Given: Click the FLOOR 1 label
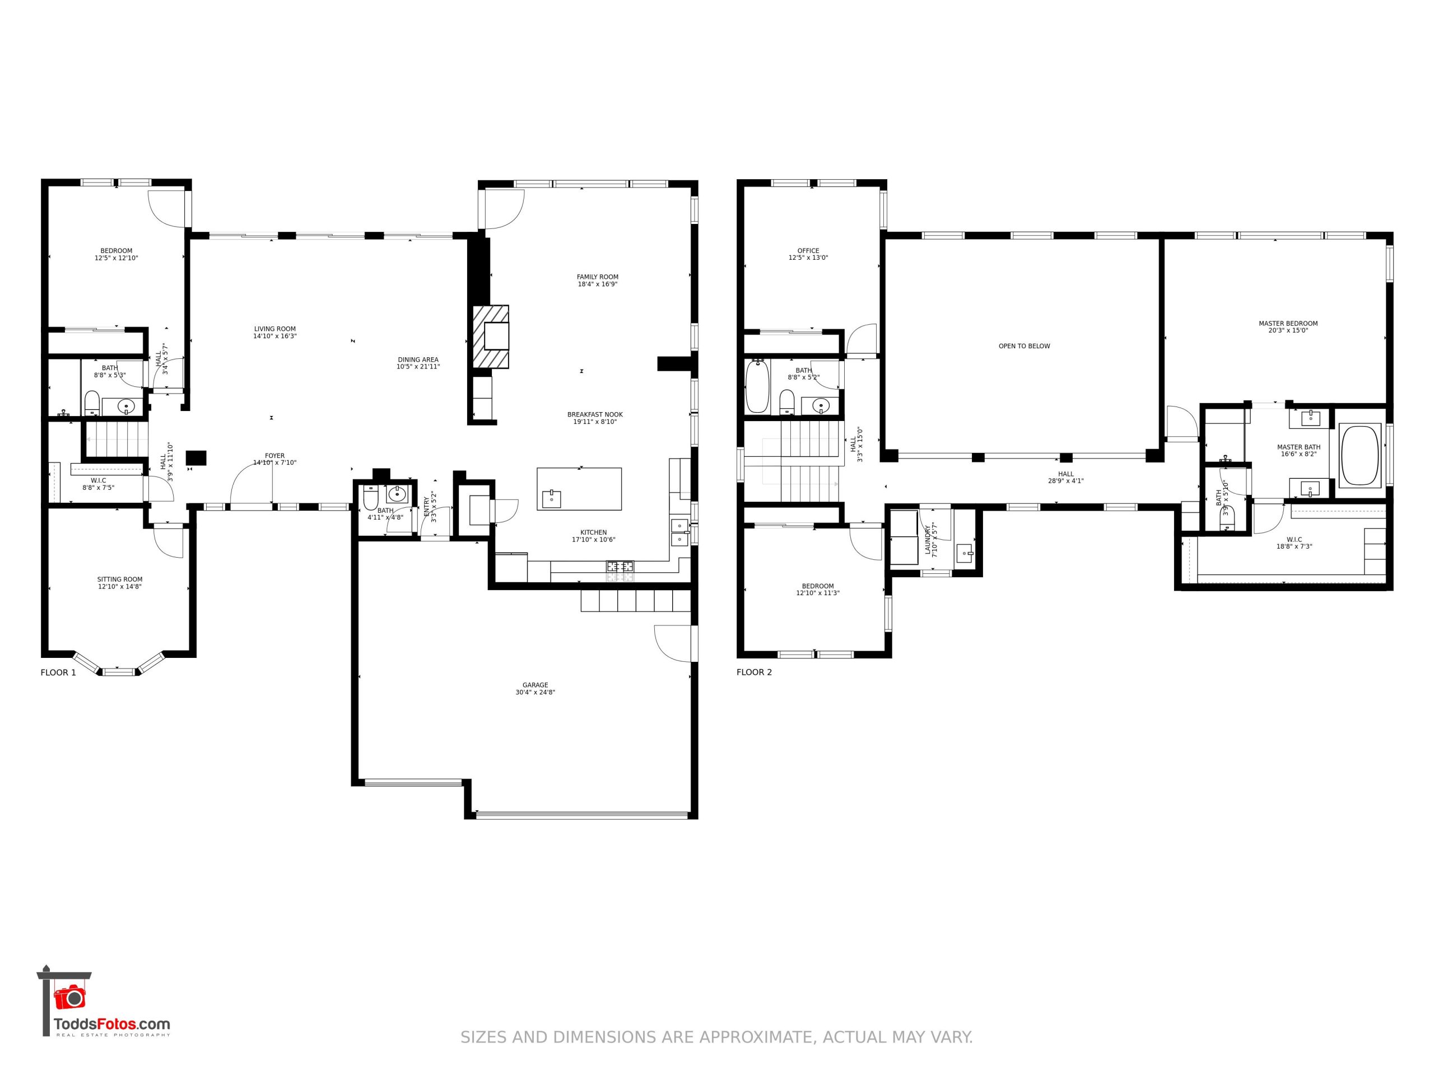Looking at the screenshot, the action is pos(58,672).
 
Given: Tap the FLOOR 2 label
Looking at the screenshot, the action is pos(754,672).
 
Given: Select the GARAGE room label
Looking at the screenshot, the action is pos(536,685).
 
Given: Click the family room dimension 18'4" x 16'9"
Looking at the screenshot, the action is pos(598,284).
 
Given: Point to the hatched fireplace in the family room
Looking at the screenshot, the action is pos(490,337).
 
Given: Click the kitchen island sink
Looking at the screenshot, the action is pos(552,499).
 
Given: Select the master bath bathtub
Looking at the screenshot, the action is pos(1360,455).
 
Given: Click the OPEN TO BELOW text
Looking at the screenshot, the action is pos(1025,346).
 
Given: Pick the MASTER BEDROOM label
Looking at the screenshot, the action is pos(1288,324).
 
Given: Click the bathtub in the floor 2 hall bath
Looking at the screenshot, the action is pos(757,387).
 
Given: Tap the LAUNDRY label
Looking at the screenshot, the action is pos(928,539).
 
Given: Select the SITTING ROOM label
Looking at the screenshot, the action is pos(120,579).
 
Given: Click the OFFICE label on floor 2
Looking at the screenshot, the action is pos(808,251).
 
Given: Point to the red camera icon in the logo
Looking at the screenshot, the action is pos(69,997).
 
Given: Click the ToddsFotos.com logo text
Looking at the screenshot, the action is pos(111,1025).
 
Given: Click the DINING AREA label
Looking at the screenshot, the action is pos(418,359).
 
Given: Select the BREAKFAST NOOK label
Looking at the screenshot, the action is pos(595,415).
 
